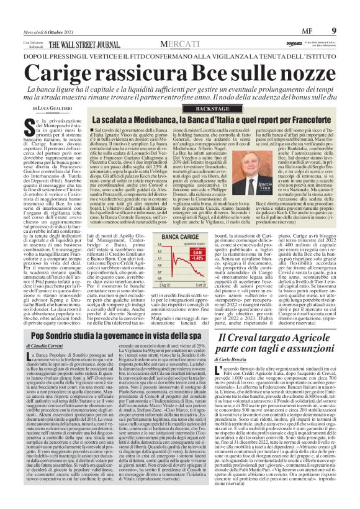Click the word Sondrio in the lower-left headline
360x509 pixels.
click(x=67, y=337)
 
